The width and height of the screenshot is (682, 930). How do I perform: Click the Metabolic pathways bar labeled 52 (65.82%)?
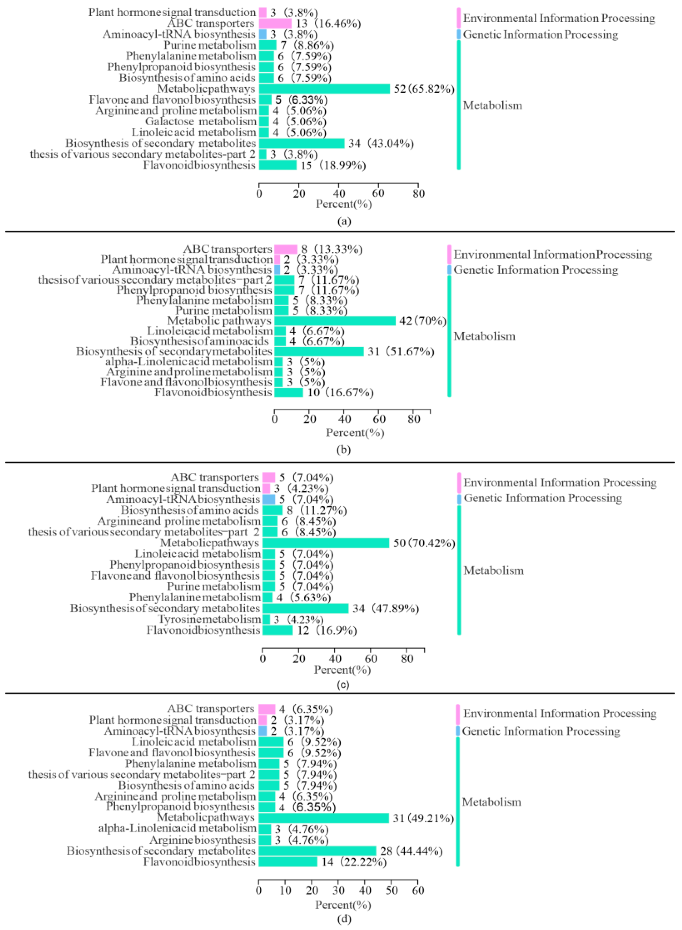click(324, 89)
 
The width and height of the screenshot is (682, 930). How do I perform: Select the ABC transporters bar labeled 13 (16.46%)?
click(275, 24)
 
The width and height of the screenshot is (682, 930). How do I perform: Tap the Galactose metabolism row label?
click(201, 122)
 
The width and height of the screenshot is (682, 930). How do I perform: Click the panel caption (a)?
click(344, 221)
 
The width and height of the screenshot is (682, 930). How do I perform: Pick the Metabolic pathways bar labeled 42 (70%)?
click(335, 321)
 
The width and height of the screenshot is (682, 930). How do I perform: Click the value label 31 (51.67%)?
click(401, 352)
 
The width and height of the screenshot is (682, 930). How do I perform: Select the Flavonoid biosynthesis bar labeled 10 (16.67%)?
click(288, 392)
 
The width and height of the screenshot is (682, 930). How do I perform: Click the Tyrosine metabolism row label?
click(209, 619)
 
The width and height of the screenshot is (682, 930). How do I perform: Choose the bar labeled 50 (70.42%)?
click(326, 543)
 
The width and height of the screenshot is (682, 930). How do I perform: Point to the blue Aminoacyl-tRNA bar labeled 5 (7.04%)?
click(269, 499)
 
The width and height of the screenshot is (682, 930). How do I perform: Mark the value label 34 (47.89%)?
click(386, 609)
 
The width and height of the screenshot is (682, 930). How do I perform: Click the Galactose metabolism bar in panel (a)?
click(264, 122)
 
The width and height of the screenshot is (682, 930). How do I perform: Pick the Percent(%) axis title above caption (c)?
click(342, 670)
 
